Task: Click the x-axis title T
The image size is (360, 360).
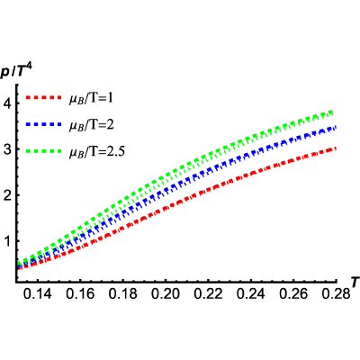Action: click(355, 283)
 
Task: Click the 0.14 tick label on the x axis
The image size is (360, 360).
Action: click(38, 293)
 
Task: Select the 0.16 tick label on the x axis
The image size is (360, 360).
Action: click(80, 293)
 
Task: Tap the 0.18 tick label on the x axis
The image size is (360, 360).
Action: click(123, 293)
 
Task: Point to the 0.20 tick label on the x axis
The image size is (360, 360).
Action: click(166, 293)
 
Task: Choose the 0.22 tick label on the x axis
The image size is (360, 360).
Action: click(209, 293)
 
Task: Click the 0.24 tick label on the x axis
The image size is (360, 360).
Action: click(251, 293)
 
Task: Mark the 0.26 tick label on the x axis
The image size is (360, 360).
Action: click(293, 293)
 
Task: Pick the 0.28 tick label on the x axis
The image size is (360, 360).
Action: click(336, 293)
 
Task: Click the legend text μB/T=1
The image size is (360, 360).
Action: click(91, 98)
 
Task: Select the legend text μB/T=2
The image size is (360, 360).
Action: click(92, 125)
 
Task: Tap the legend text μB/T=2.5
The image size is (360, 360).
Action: click(97, 151)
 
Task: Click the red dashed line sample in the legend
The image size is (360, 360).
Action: click(43, 97)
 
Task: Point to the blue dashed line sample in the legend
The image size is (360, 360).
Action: click(43, 124)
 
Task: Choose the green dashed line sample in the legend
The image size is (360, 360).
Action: click(43, 151)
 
